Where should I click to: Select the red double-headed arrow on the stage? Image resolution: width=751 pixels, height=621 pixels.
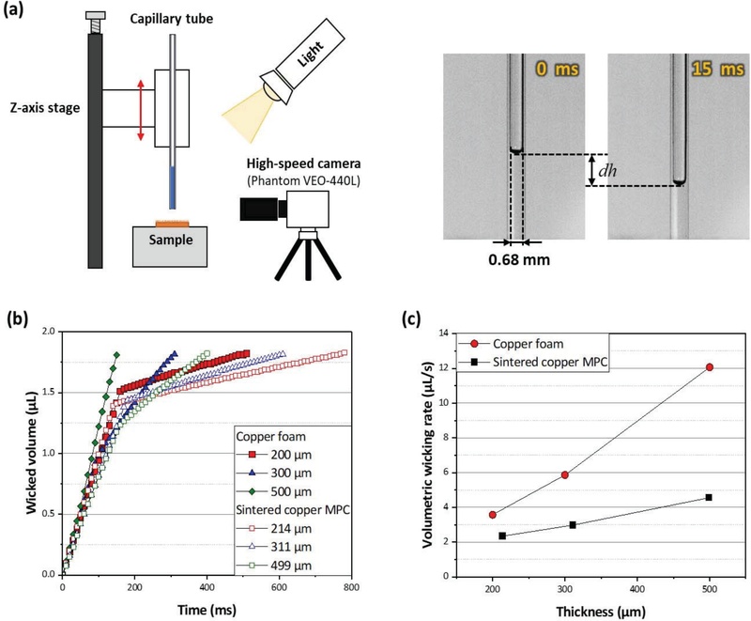(x=141, y=111)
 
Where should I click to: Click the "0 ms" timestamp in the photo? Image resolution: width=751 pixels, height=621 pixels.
(x=555, y=69)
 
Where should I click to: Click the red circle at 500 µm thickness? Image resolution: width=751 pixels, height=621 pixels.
(x=709, y=367)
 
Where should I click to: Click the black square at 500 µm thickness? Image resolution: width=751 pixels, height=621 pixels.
(x=709, y=497)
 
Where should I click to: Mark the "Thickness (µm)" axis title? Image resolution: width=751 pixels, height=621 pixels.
(x=601, y=610)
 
